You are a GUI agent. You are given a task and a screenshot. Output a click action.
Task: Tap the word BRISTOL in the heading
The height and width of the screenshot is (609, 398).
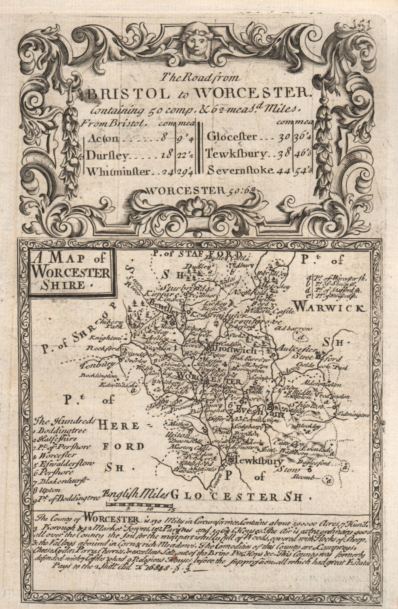[x=122, y=93]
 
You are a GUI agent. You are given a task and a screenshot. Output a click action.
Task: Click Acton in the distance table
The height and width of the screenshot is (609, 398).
[x=103, y=138]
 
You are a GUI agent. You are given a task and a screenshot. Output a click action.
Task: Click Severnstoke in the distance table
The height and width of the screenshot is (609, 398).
[x=240, y=170]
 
